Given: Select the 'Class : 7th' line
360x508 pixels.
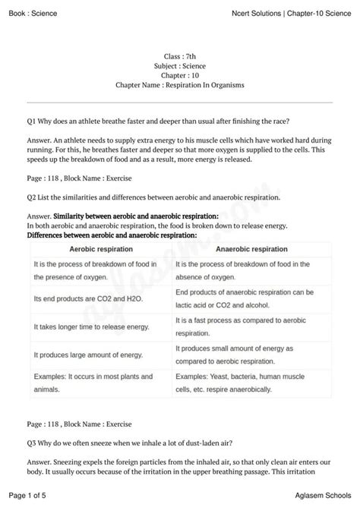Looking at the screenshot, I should coord(180,58).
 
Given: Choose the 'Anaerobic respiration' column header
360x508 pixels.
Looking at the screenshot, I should coord(251,248).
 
